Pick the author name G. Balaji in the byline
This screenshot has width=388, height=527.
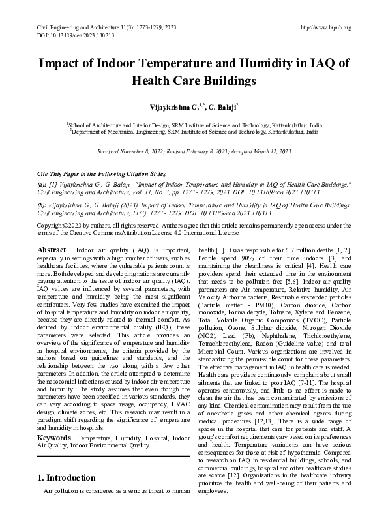(224, 105)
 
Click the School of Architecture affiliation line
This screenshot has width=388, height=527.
(194, 123)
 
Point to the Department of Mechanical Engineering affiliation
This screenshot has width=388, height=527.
(194, 131)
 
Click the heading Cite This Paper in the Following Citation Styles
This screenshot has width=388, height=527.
(102, 175)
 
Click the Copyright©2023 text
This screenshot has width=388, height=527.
(60, 224)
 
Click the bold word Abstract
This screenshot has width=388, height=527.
(52, 250)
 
